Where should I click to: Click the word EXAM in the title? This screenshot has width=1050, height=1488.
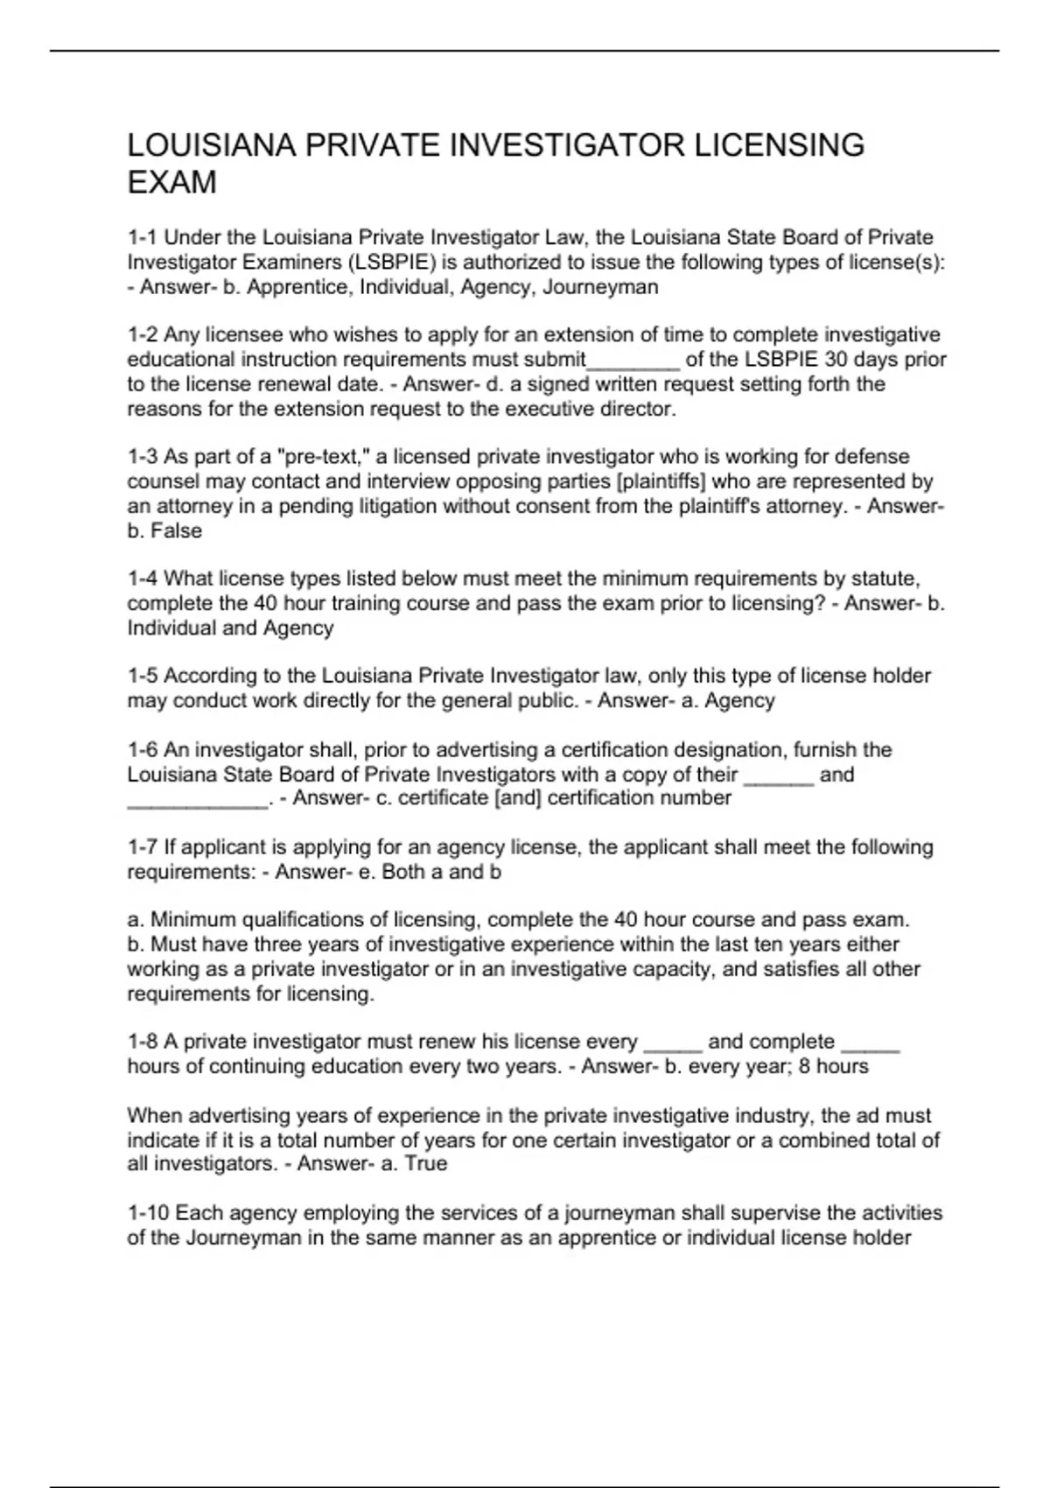[171, 183]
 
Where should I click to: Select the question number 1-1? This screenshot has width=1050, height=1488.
[143, 238]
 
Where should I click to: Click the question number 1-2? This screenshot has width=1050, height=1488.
[143, 335]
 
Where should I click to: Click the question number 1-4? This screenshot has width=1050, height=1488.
[143, 579]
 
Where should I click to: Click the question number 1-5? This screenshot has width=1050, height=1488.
[143, 676]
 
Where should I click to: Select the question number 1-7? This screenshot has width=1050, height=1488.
[143, 847]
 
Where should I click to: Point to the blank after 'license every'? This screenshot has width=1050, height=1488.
[673, 1044]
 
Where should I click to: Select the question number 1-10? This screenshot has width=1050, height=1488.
[148, 1213]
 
